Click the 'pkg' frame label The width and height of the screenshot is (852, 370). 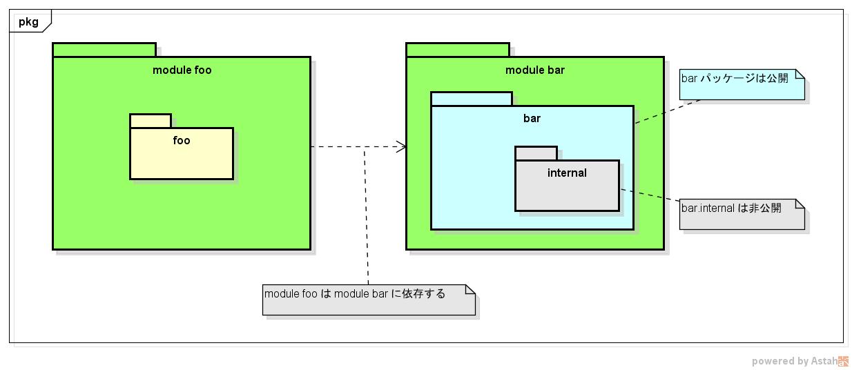[x=28, y=22]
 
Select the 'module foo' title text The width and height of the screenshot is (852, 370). [x=182, y=70]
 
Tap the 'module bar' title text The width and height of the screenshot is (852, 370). [x=534, y=70]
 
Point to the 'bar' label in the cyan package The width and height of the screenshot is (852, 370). [x=532, y=119]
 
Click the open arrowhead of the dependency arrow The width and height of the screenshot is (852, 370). [x=401, y=146]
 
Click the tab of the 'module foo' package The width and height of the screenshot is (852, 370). [x=104, y=50]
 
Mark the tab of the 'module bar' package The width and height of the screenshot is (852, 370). [x=458, y=50]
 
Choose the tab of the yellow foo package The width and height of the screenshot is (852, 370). [x=151, y=121]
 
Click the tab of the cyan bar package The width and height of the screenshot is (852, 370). [x=472, y=99]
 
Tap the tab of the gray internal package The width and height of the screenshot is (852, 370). [x=536, y=153]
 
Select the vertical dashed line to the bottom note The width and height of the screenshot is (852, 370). [x=367, y=221]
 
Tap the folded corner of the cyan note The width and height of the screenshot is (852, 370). [x=800, y=74]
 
